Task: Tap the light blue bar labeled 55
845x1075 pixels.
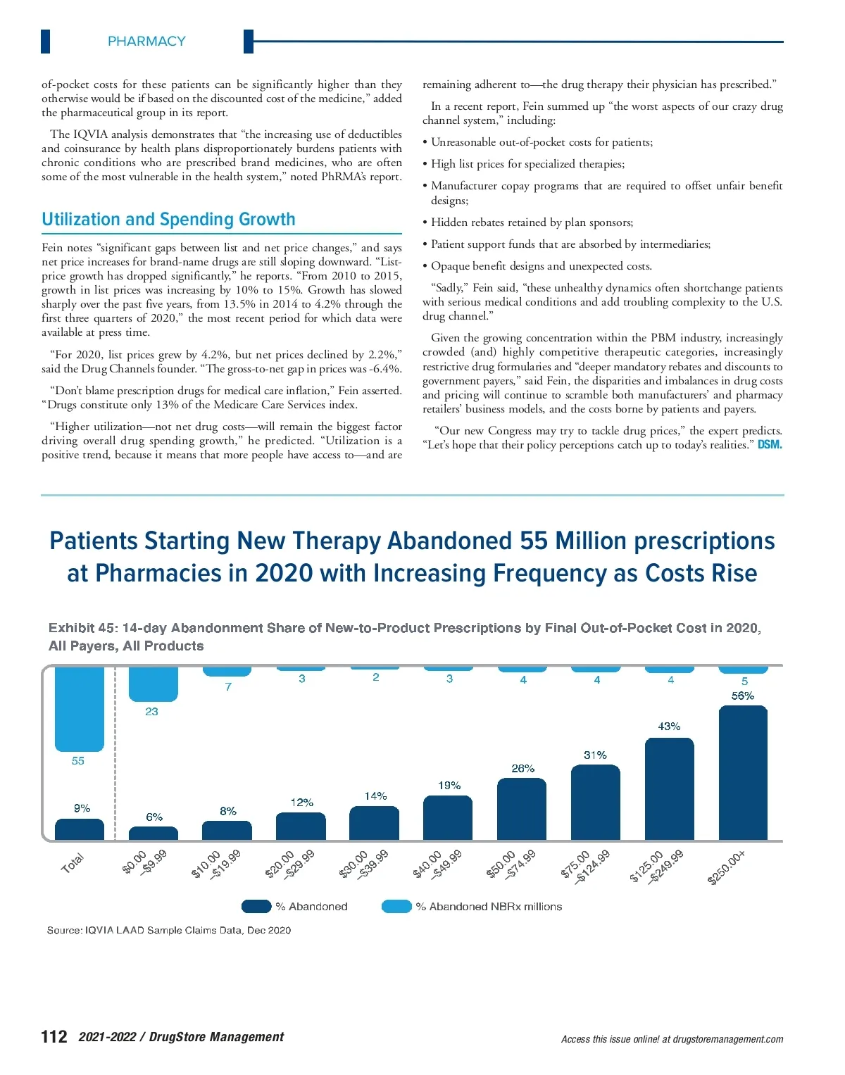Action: pos(79,708)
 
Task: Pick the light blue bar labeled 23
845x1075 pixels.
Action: pos(153,684)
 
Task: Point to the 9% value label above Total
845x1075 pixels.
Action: pos(82,808)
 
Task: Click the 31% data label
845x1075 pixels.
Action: pos(595,755)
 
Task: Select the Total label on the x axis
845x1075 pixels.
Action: pos(73,862)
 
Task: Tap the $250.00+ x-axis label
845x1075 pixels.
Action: pos(727,867)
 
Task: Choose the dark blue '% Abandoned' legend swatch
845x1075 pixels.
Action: pos(256,906)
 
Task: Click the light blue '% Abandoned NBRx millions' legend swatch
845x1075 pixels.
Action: pos(396,906)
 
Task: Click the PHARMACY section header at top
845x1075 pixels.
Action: pos(146,42)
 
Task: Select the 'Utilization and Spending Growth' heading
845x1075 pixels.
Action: pos(168,220)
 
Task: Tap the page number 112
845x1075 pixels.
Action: pos(54,1036)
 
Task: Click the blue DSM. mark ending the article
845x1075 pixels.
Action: pos(770,445)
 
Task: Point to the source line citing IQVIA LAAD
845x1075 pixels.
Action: pos(169,930)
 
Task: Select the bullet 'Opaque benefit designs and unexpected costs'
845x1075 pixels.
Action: pos(541,266)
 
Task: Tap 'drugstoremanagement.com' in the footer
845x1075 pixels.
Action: pos(727,1039)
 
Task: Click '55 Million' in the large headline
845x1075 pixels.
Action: pos(572,541)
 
